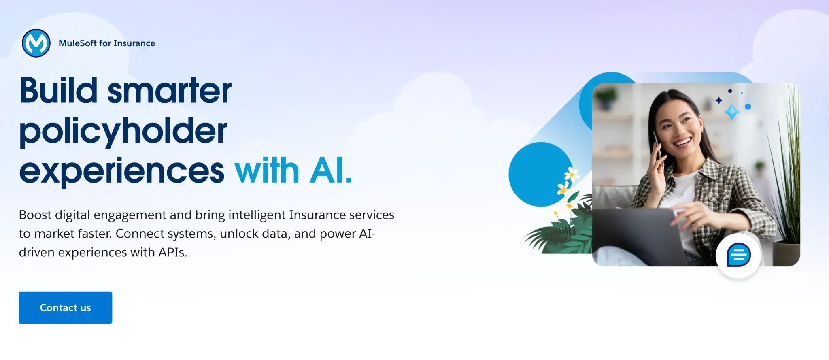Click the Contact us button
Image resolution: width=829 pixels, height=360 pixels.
pyautogui.click(x=65, y=308)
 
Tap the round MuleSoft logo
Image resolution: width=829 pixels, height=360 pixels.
pyautogui.click(x=36, y=43)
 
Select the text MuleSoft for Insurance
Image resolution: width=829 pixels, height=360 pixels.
pyautogui.click(x=107, y=43)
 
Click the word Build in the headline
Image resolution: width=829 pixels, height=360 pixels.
pyautogui.click(x=59, y=90)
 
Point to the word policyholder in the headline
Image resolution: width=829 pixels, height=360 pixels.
pyautogui.click(x=123, y=131)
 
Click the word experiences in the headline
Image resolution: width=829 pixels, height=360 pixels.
pyautogui.click(x=121, y=171)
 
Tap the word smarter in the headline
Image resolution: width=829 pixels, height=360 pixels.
pyautogui.click(x=169, y=90)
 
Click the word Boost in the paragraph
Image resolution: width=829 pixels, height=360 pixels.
pyautogui.click(x=35, y=215)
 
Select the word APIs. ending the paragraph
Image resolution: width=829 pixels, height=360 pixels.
pyautogui.click(x=173, y=252)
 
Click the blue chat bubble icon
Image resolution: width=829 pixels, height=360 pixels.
pyautogui.click(x=738, y=255)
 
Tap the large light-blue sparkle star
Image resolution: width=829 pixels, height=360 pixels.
pyautogui.click(x=732, y=111)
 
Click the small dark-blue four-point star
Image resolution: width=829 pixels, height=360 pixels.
pyautogui.click(x=718, y=100)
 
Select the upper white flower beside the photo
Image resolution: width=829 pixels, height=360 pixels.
pyautogui.click(x=571, y=175)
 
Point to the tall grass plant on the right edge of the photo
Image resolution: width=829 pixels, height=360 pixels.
pyautogui.click(x=787, y=170)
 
